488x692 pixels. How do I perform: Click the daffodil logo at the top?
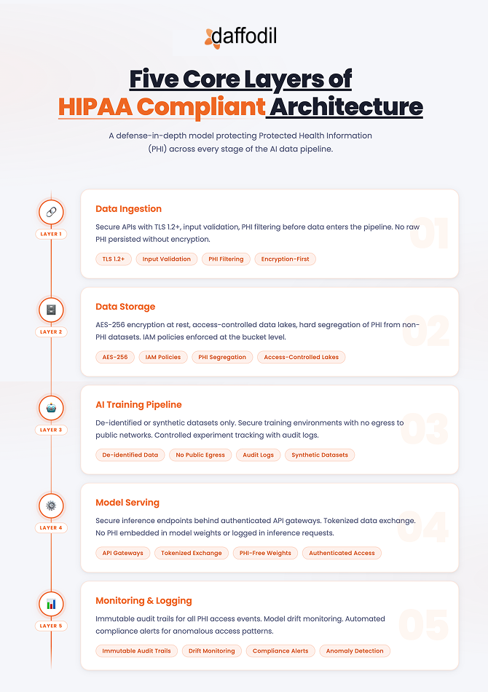240,36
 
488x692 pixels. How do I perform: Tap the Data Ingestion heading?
128,208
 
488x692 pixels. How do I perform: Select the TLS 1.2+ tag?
112,259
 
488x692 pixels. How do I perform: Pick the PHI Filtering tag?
226,259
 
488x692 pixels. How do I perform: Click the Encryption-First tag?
285,259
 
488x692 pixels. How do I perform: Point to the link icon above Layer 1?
51,212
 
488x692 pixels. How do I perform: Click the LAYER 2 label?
51,331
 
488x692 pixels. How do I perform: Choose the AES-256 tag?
115,357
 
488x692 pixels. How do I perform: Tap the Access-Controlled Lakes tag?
301,357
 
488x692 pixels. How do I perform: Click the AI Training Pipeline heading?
138,404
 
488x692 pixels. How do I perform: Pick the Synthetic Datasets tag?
320,455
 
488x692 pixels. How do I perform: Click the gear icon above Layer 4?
51,506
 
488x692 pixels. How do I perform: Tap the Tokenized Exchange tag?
192,553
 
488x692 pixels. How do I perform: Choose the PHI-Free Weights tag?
265,553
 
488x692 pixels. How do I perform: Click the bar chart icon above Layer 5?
51,604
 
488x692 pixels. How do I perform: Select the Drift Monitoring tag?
211,650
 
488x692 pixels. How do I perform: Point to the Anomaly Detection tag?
355,650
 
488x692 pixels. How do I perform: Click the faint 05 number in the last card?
422,625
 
